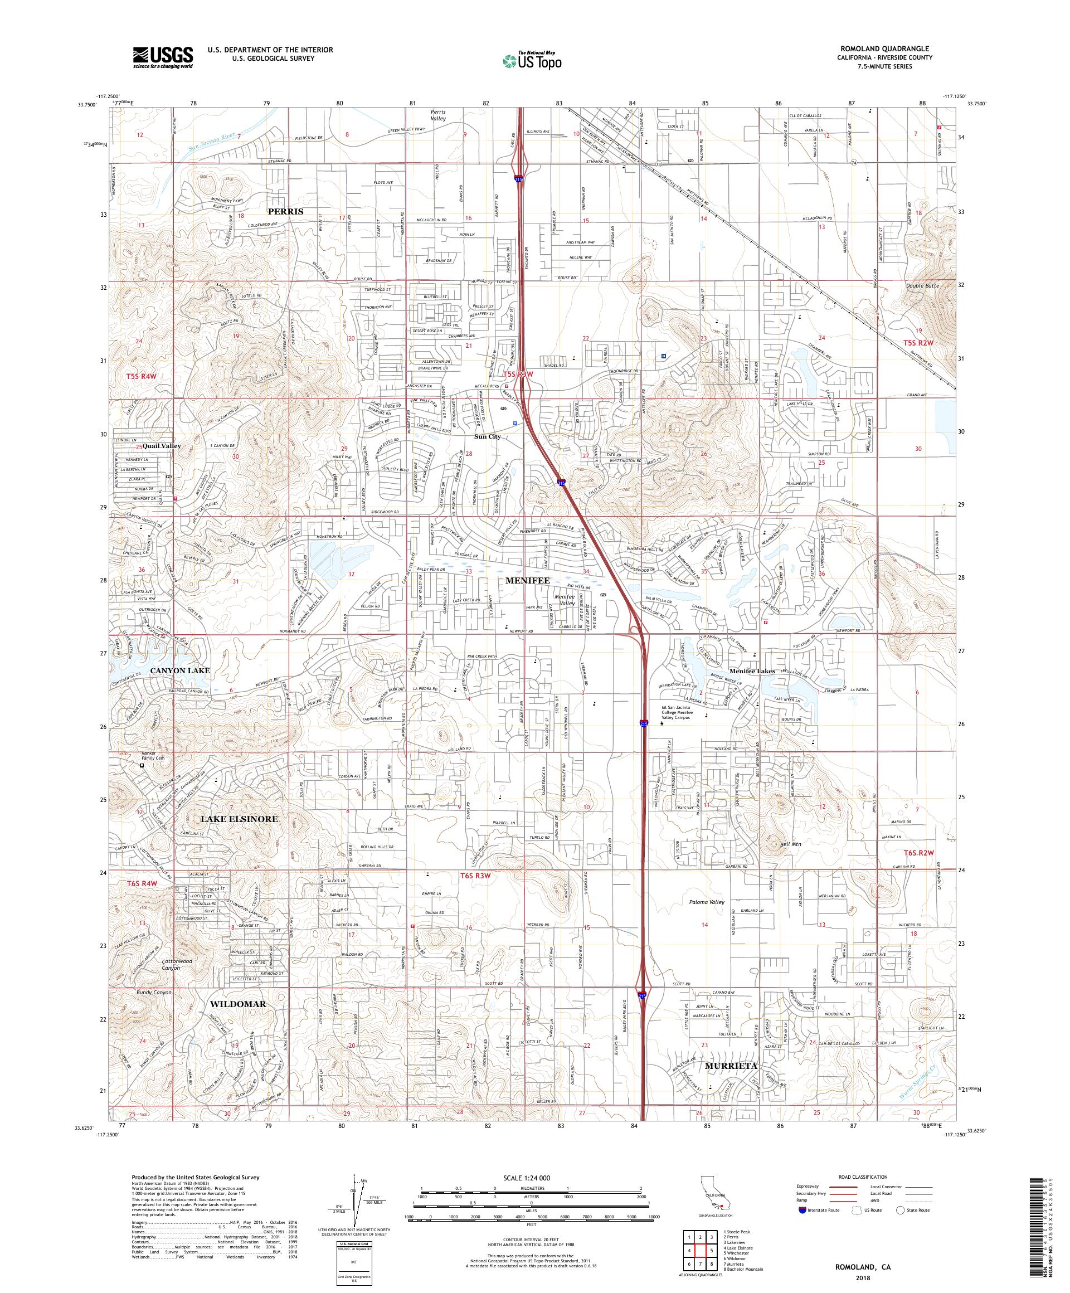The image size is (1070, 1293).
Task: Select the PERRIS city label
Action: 286,211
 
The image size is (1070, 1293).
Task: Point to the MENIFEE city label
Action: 528,580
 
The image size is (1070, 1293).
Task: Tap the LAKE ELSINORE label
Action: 239,819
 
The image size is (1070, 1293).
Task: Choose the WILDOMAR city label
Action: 237,1004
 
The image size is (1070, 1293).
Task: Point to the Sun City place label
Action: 487,436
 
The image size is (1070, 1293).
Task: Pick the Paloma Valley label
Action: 707,902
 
